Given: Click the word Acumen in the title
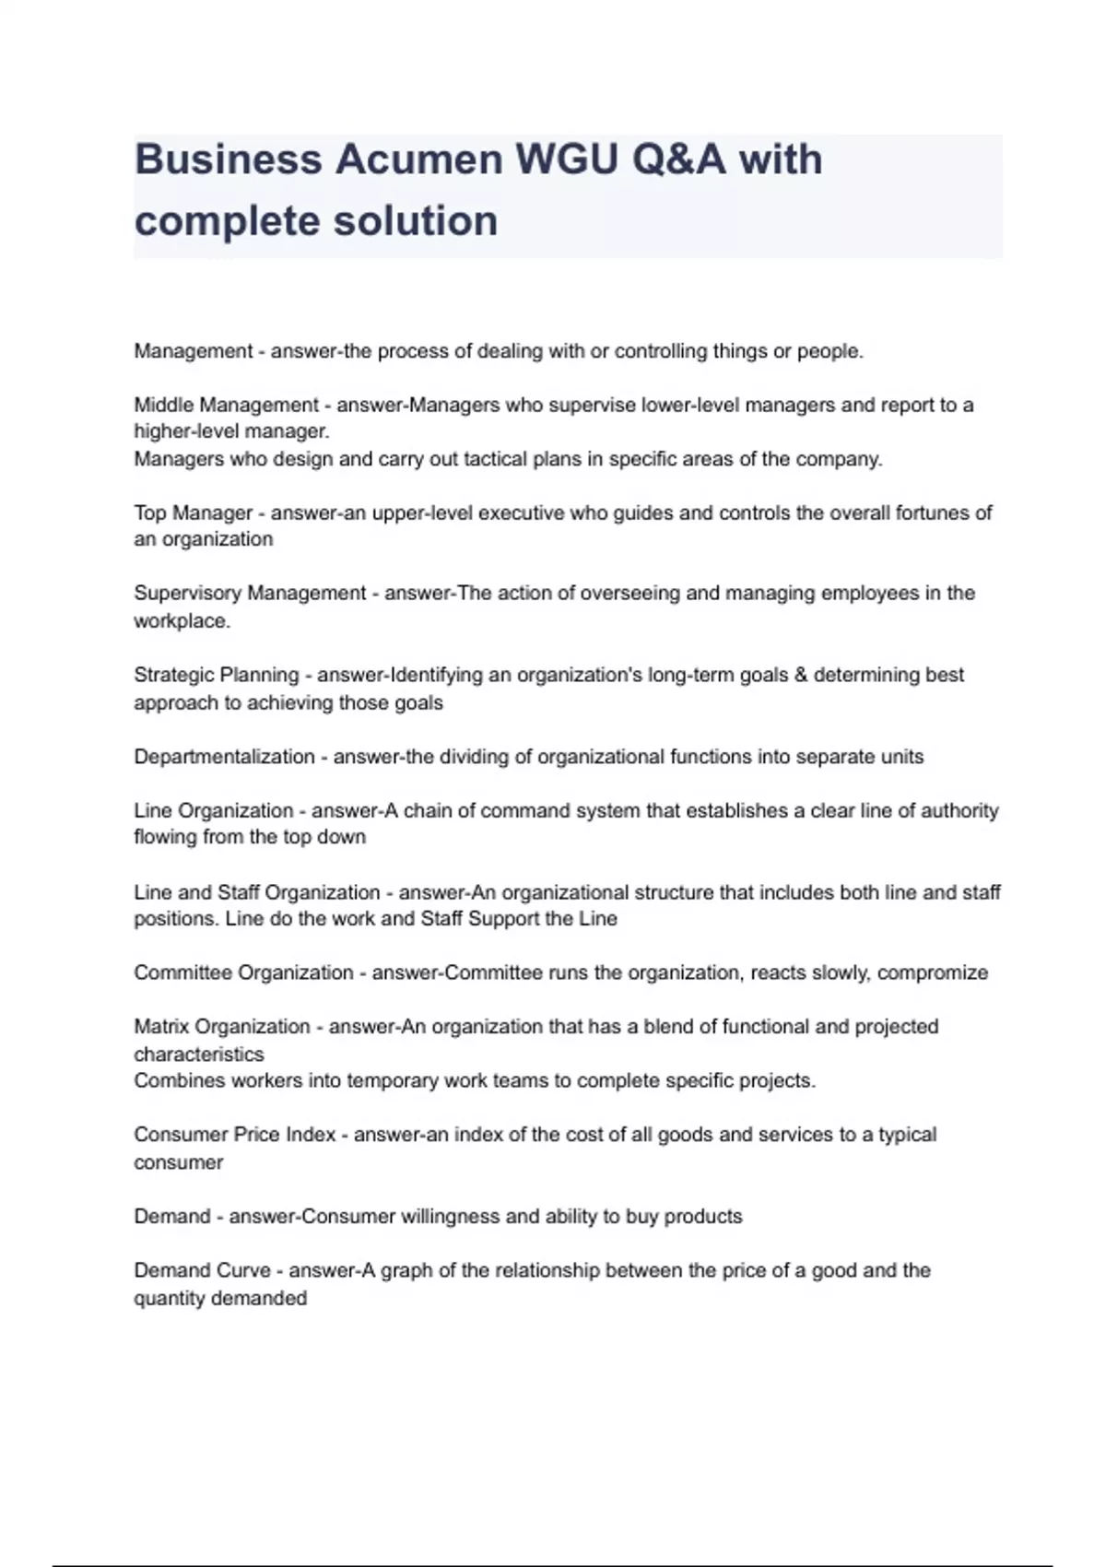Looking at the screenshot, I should point(418,159).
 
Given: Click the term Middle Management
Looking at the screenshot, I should point(226,405).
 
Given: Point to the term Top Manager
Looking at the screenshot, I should point(193,513).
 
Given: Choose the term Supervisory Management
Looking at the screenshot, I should point(250,593).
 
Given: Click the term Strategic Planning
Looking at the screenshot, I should point(216,675).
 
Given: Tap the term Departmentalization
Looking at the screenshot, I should point(224,757).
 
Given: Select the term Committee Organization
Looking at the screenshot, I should point(243,972).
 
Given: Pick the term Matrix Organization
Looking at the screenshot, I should point(221,1026).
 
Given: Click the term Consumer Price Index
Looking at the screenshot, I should point(234,1135).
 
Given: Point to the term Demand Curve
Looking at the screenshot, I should point(202,1270).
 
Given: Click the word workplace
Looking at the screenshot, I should point(181,621).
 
